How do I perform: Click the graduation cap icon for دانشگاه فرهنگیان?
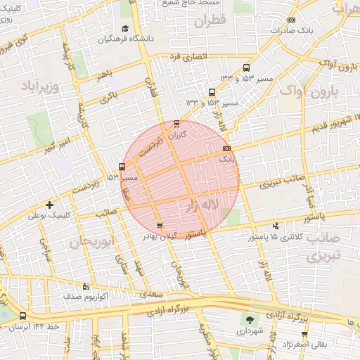125,29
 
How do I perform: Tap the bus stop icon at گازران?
176,124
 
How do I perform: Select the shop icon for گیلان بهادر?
160,226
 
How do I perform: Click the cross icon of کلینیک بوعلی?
49,204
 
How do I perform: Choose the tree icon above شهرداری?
247,320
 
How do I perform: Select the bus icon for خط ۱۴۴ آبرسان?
23,316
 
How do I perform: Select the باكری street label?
109,98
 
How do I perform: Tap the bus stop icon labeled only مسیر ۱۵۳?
122,167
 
